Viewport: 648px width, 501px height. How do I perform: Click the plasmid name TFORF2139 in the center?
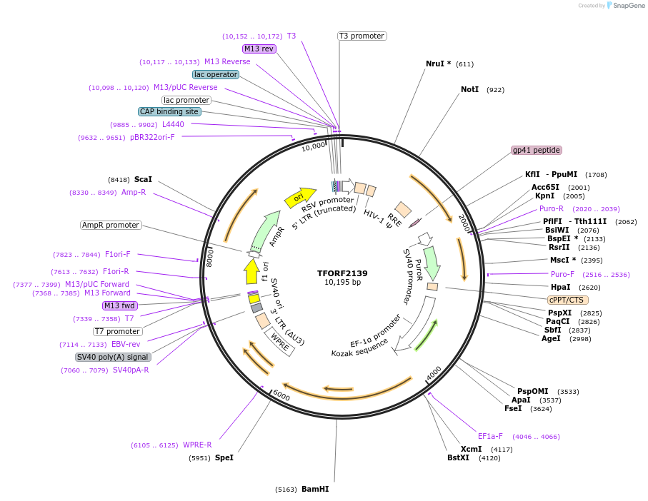pos(342,273)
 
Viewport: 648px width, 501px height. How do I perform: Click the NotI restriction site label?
pos(469,90)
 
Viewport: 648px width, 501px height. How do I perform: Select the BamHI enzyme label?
pos(315,490)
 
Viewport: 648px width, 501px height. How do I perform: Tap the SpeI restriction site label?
pos(224,457)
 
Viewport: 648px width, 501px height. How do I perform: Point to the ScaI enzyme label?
pos(143,180)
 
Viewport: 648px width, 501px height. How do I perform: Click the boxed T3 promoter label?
pos(362,36)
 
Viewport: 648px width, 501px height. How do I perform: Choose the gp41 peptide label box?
pos(537,151)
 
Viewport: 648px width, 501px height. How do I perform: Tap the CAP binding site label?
pos(169,111)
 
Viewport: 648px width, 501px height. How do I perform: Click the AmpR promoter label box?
pos(111,226)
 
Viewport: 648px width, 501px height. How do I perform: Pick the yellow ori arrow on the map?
pos(300,197)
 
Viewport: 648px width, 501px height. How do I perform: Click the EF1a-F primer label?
pos(490,436)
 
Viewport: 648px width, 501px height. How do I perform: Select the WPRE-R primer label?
pos(197,445)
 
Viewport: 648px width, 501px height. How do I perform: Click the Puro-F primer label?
pos(562,274)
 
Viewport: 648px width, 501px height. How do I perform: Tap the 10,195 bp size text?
pos(342,283)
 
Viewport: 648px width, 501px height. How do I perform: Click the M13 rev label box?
pos(259,49)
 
